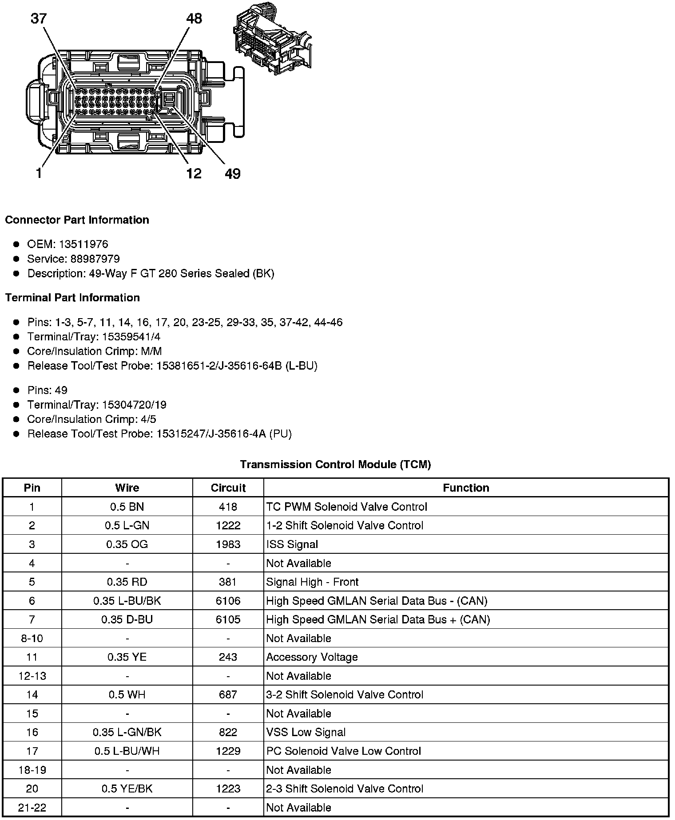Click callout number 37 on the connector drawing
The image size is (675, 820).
[x=39, y=19]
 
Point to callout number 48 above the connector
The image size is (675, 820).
[x=194, y=19]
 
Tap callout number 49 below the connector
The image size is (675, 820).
[x=232, y=173]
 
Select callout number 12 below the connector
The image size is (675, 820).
[x=194, y=173]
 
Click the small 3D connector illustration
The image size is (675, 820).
[x=272, y=39]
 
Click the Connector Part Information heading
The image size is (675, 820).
[x=77, y=220]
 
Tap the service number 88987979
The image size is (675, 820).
[x=95, y=259]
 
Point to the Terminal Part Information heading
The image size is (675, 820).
[x=72, y=298]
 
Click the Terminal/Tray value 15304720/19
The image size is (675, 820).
[x=134, y=405]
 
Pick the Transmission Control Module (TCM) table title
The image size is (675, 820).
[x=335, y=465]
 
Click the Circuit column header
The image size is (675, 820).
[x=228, y=488]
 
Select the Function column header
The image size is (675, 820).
[x=466, y=488]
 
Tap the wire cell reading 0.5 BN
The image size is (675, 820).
[x=127, y=507]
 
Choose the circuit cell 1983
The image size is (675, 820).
[x=228, y=544]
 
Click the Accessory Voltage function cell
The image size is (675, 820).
[x=312, y=657]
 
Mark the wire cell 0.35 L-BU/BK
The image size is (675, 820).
[x=127, y=601]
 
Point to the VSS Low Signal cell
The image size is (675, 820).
[x=306, y=732]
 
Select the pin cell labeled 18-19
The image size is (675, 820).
[x=32, y=770]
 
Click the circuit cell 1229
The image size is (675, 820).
[x=228, y=751]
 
